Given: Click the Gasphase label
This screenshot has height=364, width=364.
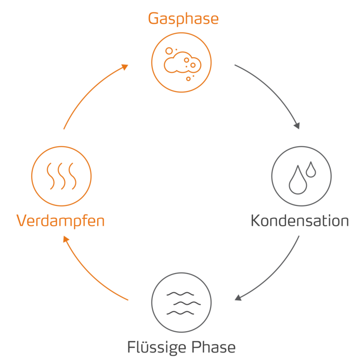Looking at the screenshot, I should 183,19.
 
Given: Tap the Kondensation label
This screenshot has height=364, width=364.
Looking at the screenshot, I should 300,220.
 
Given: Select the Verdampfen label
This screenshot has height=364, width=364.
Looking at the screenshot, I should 61,221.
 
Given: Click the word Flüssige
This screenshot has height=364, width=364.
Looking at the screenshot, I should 154,347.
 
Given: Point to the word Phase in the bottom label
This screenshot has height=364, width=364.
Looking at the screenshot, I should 212,347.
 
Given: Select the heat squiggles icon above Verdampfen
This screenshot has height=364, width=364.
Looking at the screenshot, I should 61,175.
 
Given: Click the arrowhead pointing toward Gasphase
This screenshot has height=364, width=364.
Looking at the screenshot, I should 125,67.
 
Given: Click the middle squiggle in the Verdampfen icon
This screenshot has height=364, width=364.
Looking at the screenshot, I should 61,175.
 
